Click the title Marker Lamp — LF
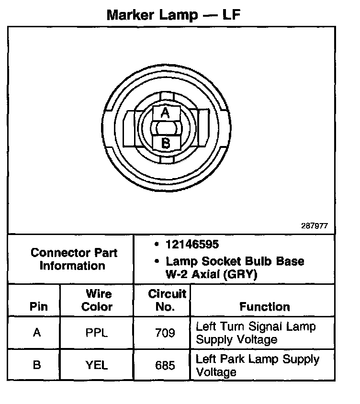[x=173, y=15]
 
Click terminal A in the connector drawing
[x=165, y=113]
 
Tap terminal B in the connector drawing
[x=165, y=143]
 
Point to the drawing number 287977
[x=315, y=225]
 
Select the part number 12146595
[x=192, y=245]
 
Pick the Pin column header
[x=39, y=306]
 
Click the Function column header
[x=265, y=306]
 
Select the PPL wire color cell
[x=97, y=333]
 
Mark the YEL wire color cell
[x=97, y=365]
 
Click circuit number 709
[x=165, y=333]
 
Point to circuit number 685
[x=165, y=366]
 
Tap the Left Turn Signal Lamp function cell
[x=256, y=333]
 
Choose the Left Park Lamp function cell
[x=258, y=365]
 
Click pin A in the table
[x=37, y=333]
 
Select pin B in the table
[x=37, y=365]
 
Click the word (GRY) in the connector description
[x=242, y=275]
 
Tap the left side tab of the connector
[x=130, y=128]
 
